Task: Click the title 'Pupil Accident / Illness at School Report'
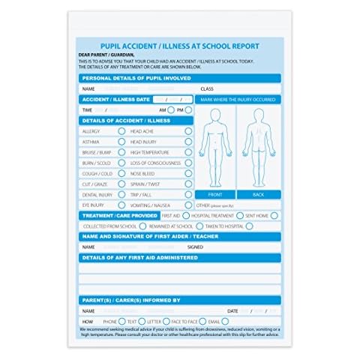[x=180, y=45]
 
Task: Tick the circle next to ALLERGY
[x=121, y=130]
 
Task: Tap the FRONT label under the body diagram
[x=215, y=194]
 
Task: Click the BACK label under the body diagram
[x=259, y=194]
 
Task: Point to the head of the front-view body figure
[x=215, y=118]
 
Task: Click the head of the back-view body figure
[x=259, y=118]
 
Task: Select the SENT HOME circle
[x=274, y=215]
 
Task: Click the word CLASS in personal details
[x=207, y=88]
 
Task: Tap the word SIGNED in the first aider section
[x=195, y=246]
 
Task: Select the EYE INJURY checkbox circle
[x=121, y=204]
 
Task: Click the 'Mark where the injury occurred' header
[x=238, y=99]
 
